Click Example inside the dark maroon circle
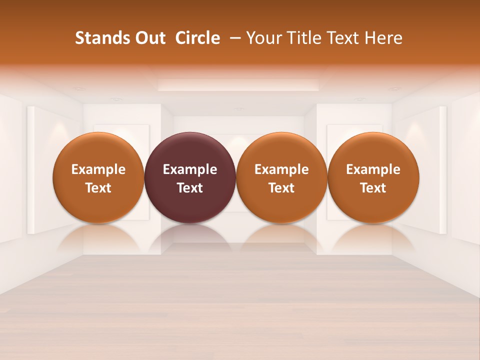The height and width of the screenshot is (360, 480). (x=190, y=169)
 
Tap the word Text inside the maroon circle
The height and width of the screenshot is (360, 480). (x=190, y=188)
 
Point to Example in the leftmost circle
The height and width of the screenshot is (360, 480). (x=98, y=169)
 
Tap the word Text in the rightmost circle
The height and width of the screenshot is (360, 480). (x=373, y=188)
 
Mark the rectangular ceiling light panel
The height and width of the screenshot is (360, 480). (x=239, y=85)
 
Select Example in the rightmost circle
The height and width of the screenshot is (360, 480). (x=373, y=169)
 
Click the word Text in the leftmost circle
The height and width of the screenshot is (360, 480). (x=98, y=188)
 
